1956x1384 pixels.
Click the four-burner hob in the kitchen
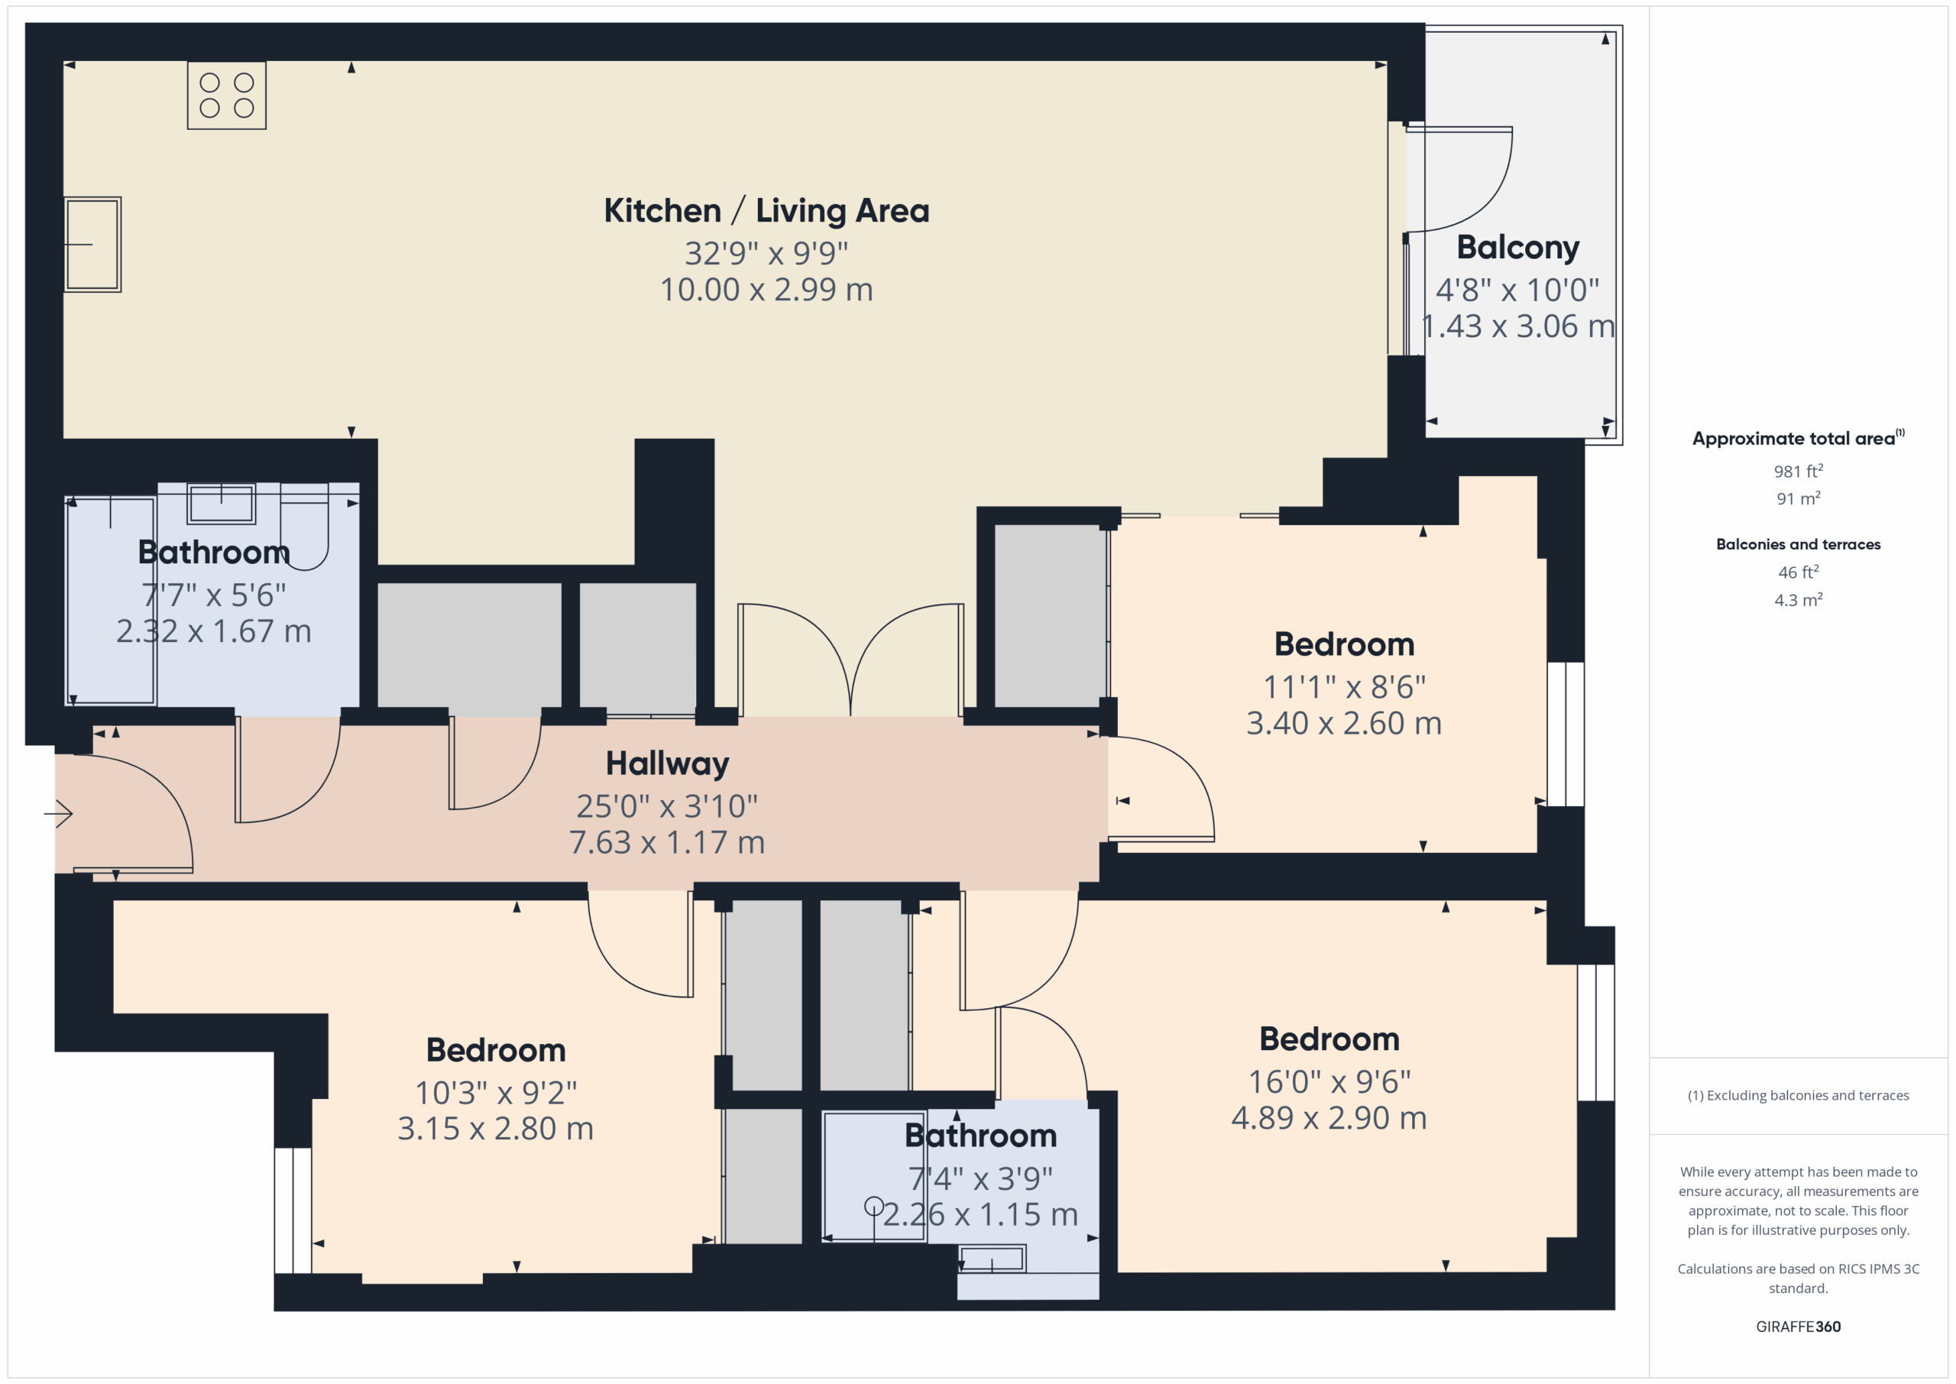[x=227, y=95]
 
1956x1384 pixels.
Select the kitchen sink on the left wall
[x=93, y=245]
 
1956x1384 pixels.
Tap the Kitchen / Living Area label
[x=766, y=210]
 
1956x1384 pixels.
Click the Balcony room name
[x=1518, y=247]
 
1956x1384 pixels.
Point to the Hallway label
[x=667, y=763]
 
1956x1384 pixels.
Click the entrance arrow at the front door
[x=58, y=814]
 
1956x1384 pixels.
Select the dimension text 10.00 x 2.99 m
[x=766, y=290]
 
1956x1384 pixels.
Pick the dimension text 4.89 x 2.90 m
[x=1329, y=1118]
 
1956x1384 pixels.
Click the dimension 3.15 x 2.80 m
[x=496, y=1128]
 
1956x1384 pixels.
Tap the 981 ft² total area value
[x=1799, y=472]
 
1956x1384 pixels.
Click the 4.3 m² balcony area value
[x=1799, y=600]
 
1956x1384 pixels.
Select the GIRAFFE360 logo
[x=1799, y=1327]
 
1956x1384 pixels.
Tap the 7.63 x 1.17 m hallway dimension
[x=667, y=842]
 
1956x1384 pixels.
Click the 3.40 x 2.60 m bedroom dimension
[x=1344, y=724]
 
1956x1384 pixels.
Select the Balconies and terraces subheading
[x=1799, y=543]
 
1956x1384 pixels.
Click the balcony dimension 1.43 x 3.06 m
[x=1518, y=326]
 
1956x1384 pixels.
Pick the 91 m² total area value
[x=1799, y=498]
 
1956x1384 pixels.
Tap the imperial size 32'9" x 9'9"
[x=766, y=253]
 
